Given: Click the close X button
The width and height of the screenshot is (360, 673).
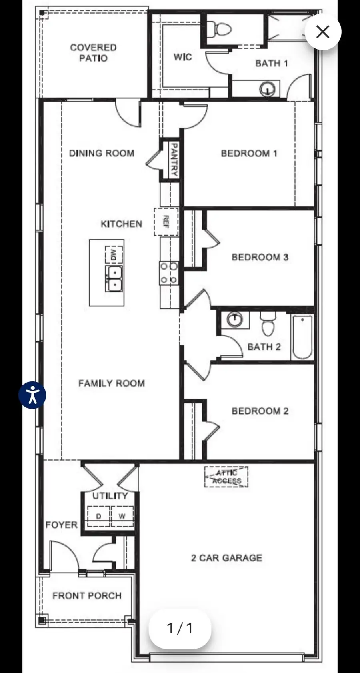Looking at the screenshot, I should [x=323, y=32].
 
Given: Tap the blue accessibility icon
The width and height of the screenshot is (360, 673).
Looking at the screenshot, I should [x=32, y=395].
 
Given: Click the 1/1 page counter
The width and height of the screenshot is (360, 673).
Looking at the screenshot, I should [x=180, y=628].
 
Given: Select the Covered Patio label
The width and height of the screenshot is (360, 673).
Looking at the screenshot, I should [x=93, y=53].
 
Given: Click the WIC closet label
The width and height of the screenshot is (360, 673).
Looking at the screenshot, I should [x=182, y=57].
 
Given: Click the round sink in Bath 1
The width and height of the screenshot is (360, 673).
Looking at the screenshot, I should [x=268, y=88].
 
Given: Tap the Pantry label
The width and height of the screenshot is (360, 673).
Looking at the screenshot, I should [x=174, y=160].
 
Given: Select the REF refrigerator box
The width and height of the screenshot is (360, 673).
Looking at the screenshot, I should [x=166, y=222].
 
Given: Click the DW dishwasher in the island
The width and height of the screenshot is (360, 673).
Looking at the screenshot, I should [x=114, y=254].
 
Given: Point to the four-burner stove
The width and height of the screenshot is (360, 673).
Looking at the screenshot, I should [x=169, y=273].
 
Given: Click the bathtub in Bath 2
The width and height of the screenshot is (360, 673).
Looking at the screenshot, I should [x=302, y=337].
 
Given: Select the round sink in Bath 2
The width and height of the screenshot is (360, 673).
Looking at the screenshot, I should [x=235, y=319].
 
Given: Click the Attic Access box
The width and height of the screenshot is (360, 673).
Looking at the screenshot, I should [x=226, y=477].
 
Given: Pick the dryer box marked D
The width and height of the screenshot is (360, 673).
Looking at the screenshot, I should [x=98, y=516].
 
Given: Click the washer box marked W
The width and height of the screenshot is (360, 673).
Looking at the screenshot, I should [x=122, y=516].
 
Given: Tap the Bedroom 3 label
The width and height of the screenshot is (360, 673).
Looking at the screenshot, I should [x=260, y=257].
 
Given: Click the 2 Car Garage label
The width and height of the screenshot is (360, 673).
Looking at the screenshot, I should [x=226, y=558].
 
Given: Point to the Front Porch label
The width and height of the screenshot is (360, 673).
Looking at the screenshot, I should [x=87, y=595].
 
